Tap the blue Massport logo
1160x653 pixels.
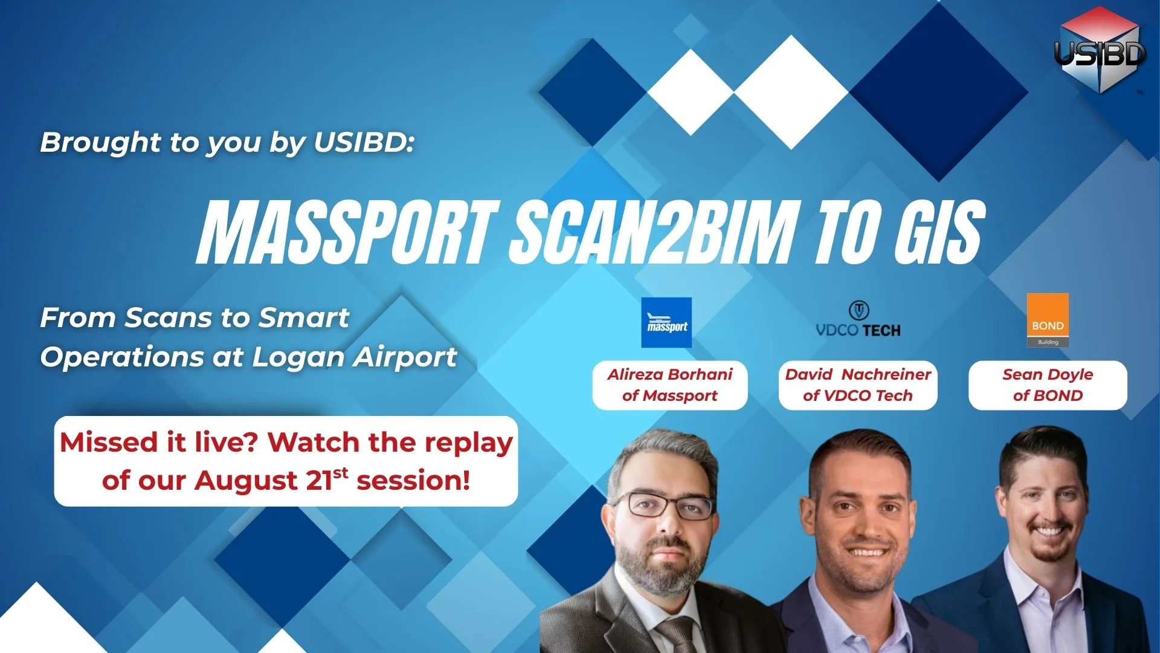666,322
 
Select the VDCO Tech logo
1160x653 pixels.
858,319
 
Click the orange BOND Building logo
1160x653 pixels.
1048,320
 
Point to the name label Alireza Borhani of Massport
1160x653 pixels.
670,385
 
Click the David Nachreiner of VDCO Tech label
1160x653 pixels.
858,385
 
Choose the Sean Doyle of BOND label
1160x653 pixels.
1048,385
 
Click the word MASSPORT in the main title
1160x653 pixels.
348,233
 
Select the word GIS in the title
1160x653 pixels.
939,233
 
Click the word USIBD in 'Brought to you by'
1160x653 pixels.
364,142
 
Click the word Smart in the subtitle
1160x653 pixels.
304,317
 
